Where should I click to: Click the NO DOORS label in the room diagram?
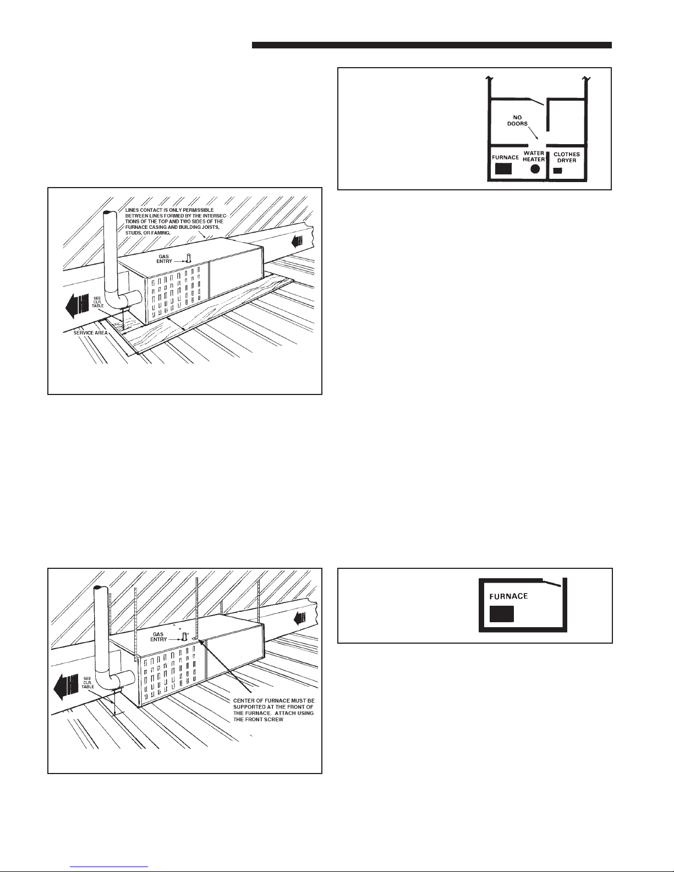coord(517,121)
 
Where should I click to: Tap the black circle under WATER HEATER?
coord(535,169)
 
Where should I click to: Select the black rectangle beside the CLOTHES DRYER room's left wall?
coord(558,171)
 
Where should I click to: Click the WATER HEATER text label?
coord(534,156)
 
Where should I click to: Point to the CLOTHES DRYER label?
coord(567,157)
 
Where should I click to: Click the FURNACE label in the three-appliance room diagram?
coord(506,157)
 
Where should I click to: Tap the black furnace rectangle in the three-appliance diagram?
coord(503,169)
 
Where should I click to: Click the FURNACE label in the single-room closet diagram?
coord(508,596)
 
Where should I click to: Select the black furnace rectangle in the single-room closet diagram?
coord(501,614)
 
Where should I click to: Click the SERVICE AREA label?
coord(90,333)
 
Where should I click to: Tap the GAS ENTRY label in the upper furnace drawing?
coord(164,259)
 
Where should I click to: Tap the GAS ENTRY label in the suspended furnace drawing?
coord(158,637)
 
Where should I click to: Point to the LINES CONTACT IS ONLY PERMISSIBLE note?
coord(176,222)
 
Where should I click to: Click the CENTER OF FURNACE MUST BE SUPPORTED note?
coord(274,710)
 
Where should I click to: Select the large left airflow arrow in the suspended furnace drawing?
coord(66,685)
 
